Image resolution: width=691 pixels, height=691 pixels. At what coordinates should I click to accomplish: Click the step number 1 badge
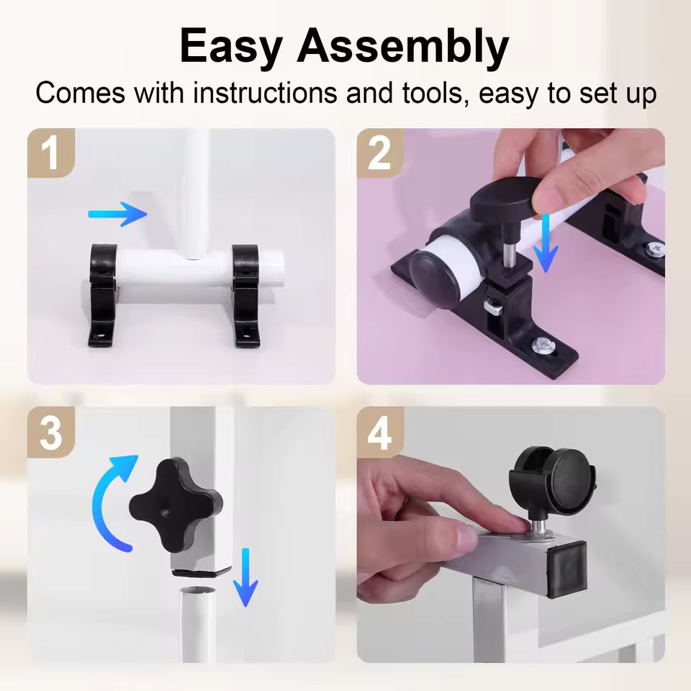(50, 153)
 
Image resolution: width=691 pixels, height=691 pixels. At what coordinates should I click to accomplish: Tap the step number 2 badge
(380, 153)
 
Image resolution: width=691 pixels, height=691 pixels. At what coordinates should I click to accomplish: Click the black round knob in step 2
(505, 197)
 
